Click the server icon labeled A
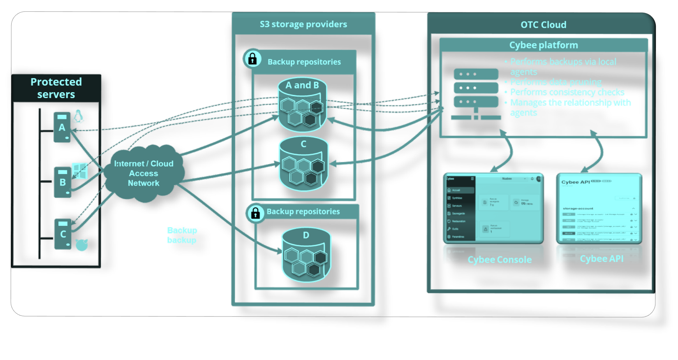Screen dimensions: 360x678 [x=62, y=127]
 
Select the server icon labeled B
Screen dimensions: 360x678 [x=62, y=182]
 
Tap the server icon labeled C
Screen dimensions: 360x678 [x=63, y=234]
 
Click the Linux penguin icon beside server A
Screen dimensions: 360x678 [x=79, y=116]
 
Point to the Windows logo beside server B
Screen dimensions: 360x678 [x=80, y=171]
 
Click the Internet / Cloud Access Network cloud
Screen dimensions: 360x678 [x=144, y=173]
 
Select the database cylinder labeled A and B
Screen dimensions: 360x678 [x=302, y=105]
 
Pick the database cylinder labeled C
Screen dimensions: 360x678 [x=304, y=163]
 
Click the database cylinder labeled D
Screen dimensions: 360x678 [x=306, y=255]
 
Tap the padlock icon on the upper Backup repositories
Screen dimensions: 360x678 [x=252, y=59]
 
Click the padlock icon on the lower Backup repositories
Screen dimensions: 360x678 [x=255, y=213]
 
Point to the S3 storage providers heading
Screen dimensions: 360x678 [x=303, y=24]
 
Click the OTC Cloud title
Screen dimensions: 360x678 [x=543, y=25]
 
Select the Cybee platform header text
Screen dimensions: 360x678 [x=543, y=45]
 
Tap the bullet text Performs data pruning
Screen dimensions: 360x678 [x=556, y=82]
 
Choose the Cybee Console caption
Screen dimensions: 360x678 [x=500, y=260]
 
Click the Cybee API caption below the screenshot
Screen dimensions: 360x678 [x=601, y=259]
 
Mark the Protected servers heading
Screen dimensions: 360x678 [x=56, y=88]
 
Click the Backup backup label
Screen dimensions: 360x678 [x=182, y=235]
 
